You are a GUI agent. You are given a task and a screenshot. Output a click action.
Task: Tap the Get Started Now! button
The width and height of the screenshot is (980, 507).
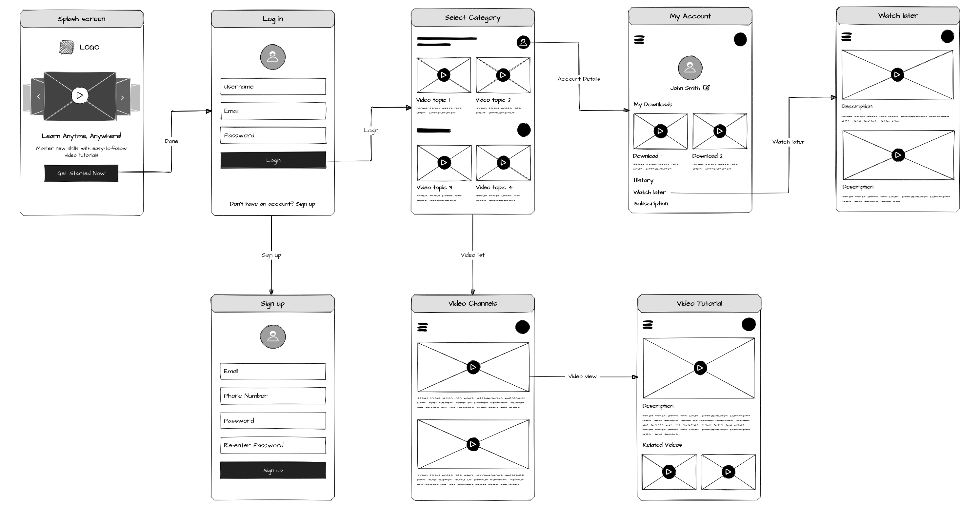(x=81, y=173)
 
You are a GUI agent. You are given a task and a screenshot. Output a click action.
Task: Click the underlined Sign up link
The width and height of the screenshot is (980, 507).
(x=306, y=204)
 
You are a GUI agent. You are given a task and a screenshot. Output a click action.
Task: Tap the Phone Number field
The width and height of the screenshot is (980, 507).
(x=273, y=396)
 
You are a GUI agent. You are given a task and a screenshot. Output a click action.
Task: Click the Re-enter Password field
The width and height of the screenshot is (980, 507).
(x=273, y=445)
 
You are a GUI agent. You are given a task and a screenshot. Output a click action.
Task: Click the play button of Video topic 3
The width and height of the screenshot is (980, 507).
(x=444, y=163)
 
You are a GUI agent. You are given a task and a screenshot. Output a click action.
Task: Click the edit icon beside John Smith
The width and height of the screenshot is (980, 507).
(x=707, y=88)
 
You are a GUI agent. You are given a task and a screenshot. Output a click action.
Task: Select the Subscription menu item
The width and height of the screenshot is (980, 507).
(x=650, y=204)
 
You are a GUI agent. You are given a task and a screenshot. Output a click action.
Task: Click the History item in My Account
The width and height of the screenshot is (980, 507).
(x=643, y=180)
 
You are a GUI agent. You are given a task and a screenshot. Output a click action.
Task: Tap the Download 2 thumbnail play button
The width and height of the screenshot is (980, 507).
(x=719, y=131)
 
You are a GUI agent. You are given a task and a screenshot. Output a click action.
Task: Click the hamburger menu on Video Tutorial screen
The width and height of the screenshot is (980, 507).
(x=648, y=325)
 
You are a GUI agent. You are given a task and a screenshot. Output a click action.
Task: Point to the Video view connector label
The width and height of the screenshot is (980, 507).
(x=582, y=376)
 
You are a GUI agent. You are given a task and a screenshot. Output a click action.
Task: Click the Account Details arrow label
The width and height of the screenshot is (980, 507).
(x=579, y=79)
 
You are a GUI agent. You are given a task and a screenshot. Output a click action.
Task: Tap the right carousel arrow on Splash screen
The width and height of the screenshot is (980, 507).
(x=123, y=98)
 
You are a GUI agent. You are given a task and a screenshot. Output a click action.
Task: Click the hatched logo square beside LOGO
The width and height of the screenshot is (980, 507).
(x=67, y=47)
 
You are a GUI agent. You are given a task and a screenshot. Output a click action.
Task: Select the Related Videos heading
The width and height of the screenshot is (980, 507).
(x=662, y=445)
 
